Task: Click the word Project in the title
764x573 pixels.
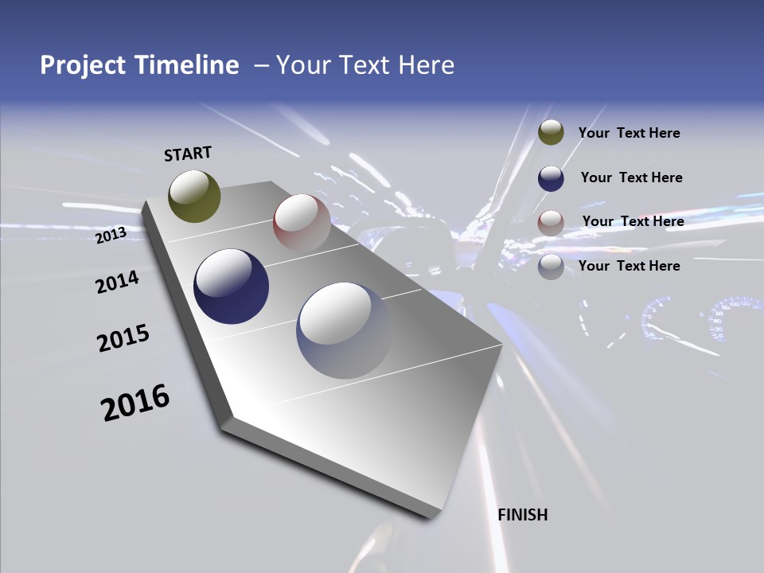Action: (x=83, y=65)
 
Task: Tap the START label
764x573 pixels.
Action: (x=188, y=154)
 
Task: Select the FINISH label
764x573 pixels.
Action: (x=523, y=515)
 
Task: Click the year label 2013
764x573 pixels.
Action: (x=111, y=236)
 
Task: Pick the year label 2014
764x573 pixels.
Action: (x=118, y=283)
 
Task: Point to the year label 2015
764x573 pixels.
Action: (x=123, y=338)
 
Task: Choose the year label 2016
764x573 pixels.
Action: (x=135, y=403)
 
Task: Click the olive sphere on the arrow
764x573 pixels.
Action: (x=195, y=196)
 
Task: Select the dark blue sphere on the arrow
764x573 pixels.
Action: (x=232, y=286)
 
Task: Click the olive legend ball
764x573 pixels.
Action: (x=551, y=133)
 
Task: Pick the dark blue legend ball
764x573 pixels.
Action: (x=551, y=178)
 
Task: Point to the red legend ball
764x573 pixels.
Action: (x=551, y=223)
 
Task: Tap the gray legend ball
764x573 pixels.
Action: (x=551, y=267)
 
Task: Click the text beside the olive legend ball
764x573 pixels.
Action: (x=629, y=134)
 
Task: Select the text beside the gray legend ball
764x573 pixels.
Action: (x=629, y=266)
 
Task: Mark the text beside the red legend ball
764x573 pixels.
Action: (x=633, y=221)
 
